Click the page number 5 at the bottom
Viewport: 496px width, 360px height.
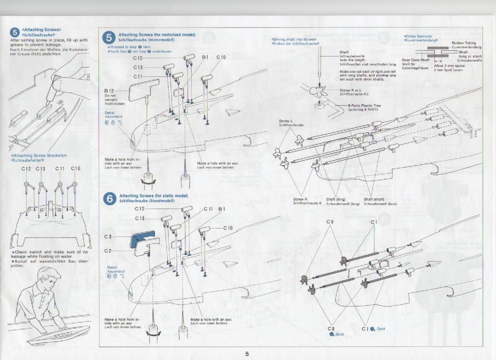(x=247, y=354)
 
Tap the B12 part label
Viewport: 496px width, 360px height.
(x=109, y=91)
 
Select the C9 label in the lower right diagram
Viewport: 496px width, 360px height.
(x=330, y=222)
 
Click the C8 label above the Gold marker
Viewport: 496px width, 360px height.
(x=331, y=329)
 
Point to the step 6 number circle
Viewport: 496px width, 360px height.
(x=109, y=198)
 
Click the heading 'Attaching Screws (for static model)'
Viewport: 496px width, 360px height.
(x=153, y=196)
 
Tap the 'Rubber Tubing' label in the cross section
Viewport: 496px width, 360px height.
(x=464, y=43)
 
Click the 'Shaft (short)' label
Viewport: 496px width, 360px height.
(x=374, y=199)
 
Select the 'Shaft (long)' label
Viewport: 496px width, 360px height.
(x=336, y=199)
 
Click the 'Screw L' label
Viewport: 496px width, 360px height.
(x=286, y=121)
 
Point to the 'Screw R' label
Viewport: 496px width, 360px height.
(x=300, y=199)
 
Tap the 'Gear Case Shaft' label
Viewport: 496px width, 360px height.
(x=415, y=60)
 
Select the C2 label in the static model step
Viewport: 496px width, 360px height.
(x=108, y=251)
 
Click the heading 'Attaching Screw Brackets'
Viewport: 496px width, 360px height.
(x=36, y=155)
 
